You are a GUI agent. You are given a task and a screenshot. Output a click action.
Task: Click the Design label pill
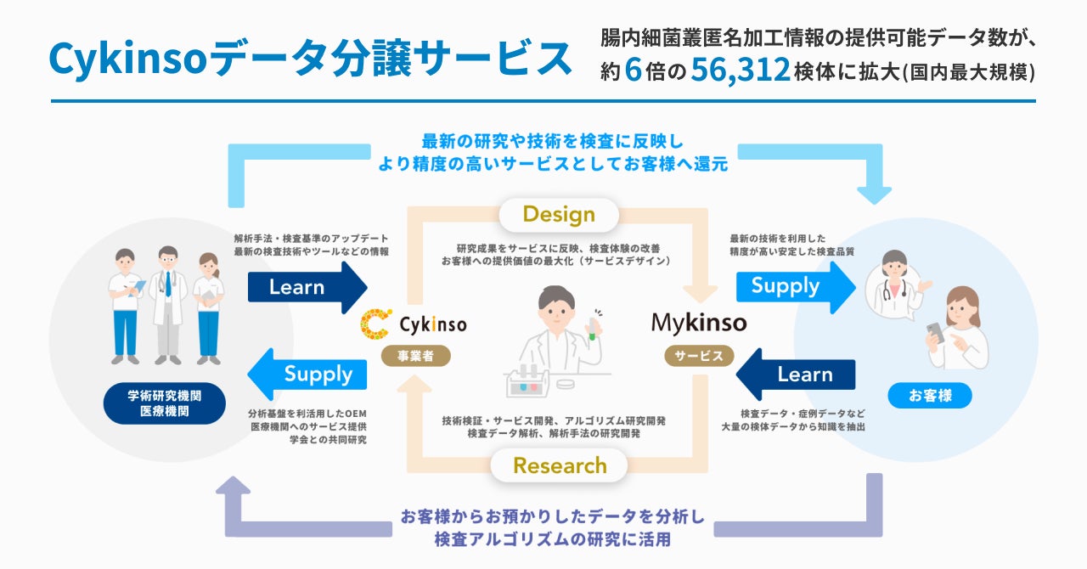coord(558,214)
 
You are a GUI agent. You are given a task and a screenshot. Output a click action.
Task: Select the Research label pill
coord(560,465)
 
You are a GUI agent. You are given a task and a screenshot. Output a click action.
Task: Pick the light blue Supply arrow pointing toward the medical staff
coord(307,374)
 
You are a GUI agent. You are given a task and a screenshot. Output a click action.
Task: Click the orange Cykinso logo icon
coord(375,324)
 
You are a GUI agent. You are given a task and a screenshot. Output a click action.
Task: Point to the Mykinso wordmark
coord(698,323)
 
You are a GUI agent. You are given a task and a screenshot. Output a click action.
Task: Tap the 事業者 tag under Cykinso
coord(410,356)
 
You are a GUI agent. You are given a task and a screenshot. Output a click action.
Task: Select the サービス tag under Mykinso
coord(699,356)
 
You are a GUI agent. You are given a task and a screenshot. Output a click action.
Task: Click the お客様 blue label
coord(929,396)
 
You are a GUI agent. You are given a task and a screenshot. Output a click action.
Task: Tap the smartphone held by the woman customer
coord(934,332)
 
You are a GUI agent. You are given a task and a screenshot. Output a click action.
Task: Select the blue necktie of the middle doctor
coord(168,284)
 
